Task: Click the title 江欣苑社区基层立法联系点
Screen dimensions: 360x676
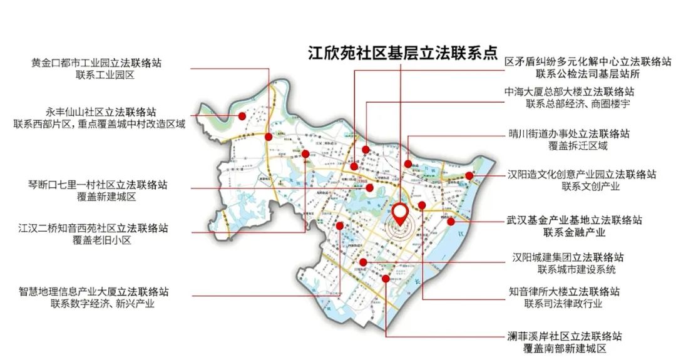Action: coord(401,54)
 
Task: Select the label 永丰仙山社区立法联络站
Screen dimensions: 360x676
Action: coord(101,111)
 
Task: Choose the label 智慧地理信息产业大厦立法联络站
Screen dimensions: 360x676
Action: coord(94,291)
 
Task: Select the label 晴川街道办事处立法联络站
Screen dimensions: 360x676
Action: coord(569,134)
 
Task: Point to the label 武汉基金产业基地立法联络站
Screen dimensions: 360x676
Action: coord(575,220)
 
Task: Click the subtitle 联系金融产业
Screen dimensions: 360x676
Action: coord(575,233)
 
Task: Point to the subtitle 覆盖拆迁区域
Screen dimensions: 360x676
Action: coord(569,147)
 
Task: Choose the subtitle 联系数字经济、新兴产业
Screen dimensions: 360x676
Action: coord(94,304)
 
